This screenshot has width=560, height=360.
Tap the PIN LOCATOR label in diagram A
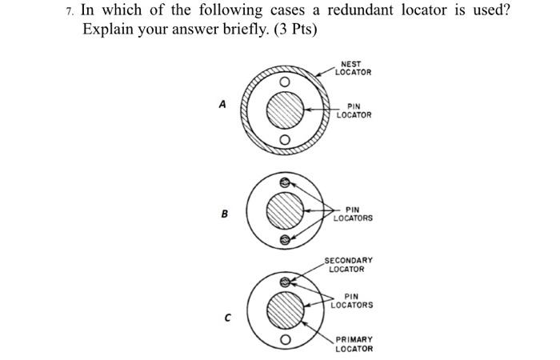tap(354, 110)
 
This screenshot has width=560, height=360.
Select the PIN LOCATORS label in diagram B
tap(353, 214)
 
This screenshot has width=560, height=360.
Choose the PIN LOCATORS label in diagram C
tap(353, 301)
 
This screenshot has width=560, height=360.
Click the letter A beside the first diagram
tap(222, 105)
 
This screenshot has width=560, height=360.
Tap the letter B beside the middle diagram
tap(224, 214)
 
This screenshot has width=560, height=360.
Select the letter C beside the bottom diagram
tap(226, 318)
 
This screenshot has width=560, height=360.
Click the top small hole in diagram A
tap(284, 81)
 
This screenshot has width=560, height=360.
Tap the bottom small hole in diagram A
tap(284, 141)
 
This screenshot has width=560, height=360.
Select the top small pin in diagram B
tap(284, 182)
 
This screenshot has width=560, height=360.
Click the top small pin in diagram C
tap(284, 282)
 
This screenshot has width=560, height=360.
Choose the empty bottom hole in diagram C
tap(284, 339)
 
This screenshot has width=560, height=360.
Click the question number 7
tap(71, 12)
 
